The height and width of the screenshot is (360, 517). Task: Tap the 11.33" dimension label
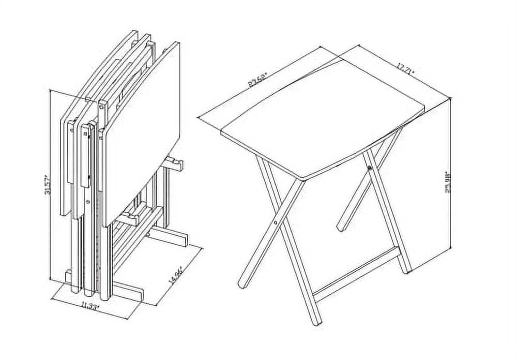pos(90,305)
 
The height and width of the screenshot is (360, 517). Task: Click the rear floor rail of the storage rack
pos(168,237)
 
